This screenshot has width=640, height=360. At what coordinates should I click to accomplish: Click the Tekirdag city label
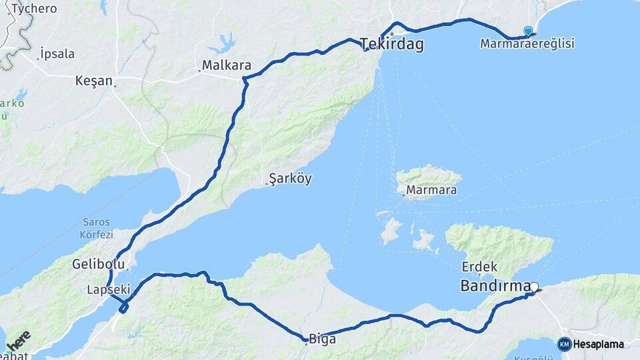click(x=392, y=44)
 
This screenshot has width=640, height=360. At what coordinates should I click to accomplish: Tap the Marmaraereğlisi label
click(x=527, y=44)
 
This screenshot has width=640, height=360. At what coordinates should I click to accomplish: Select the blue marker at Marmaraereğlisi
click(x=528, y=31)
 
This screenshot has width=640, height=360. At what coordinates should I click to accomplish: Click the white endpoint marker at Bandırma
click(x=533, y=287)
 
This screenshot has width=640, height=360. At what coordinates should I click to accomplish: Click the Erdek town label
click(x=479, y=267)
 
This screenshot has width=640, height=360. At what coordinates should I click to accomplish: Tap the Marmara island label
click(x=431, y=191)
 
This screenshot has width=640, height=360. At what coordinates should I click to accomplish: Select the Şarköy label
click(x=290, y=179)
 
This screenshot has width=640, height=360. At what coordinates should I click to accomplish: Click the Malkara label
click(x=226, y=66)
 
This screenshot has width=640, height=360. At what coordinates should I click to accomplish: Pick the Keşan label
click(x=94, y=81)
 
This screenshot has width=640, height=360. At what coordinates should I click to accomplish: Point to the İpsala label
click(x=57, y=54)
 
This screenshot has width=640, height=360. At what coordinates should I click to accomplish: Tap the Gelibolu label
click(x=98, y=265)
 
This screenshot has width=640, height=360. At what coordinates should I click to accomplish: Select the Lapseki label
click(x=107, y=289)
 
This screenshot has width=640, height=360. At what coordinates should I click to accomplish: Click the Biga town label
click(x=321, y=339)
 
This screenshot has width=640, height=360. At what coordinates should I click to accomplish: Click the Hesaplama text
click(x=599, y=345)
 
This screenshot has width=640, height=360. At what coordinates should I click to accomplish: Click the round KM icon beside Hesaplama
click(x=564, y=345)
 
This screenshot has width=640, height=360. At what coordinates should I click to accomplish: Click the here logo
click(x=19, y=340)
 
